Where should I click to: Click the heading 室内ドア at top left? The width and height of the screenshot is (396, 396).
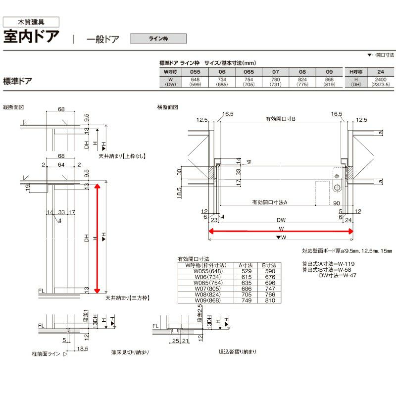pyautogui.click(x=32, y=38)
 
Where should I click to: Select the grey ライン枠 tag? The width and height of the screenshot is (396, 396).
pyautogui.click(x=158, y=38)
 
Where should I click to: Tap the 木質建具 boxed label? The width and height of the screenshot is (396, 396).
pyautogui.click(x=32, y=22)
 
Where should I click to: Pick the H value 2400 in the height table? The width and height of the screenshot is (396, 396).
pyautogui.click(x=380, y=79)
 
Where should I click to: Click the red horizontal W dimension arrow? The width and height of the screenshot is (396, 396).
pyautogui.click(x=280, y=231)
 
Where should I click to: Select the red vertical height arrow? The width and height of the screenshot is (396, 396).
pyautogui.click(x=98, y=238)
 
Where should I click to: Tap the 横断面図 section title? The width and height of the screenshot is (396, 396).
pyautogui.click(x=167, y=107)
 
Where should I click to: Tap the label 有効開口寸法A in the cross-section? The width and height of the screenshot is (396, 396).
pyautogui.click(x=270, y=202)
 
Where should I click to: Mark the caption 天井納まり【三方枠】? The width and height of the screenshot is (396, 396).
pyautogui.click(x=127, y=298)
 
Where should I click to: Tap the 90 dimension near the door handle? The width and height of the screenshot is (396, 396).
pyautogui.click(x=336, y=203)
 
